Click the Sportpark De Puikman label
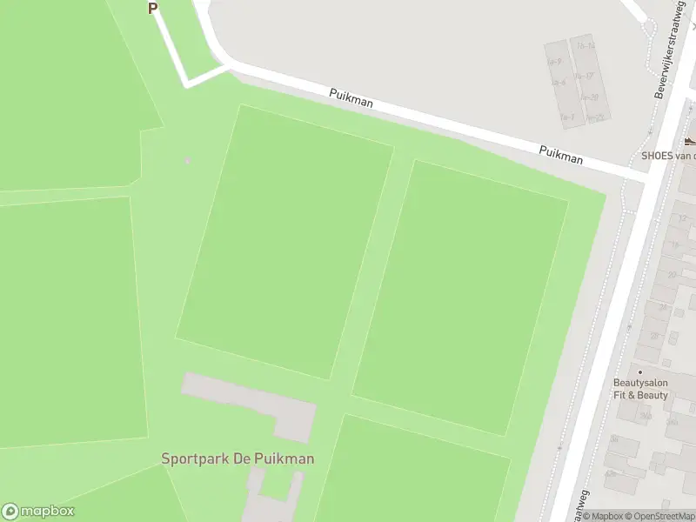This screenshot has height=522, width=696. pos(238,458)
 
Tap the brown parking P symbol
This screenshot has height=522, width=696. pos(153,8)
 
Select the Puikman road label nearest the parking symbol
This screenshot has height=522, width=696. pos(351,97)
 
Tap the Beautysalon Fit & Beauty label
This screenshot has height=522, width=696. pos(640,389)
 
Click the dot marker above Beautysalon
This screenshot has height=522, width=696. pos(640,371)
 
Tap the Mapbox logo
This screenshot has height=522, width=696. pos(38,512)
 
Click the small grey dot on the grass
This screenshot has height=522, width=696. pos(187,160)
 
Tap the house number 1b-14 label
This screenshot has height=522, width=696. pos(586,45)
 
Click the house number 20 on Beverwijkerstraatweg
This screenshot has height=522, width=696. pos(672,275)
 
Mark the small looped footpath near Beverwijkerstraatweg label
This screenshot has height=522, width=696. pos(648,27)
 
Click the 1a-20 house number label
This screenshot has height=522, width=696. pos(590,97)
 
